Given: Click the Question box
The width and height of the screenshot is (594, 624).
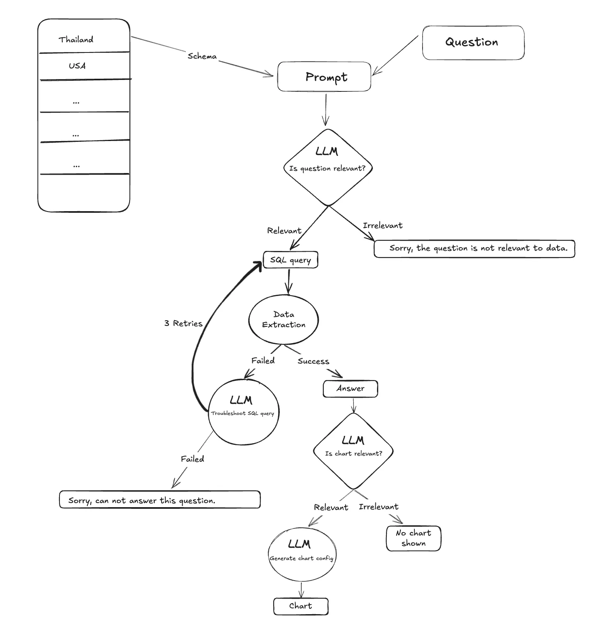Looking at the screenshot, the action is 473,43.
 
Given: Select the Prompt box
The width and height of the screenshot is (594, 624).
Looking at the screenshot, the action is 324,77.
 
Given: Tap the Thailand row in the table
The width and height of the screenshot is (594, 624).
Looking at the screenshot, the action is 76,39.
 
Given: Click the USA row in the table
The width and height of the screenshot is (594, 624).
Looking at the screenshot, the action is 77,66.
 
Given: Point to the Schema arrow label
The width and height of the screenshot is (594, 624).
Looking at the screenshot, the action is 202,56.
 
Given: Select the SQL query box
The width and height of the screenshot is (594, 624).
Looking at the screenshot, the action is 290,260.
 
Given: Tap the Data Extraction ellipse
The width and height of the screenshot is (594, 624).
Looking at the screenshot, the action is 283,319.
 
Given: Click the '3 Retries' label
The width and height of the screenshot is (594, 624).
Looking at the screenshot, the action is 183,323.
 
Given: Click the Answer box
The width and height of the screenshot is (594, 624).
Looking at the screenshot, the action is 350,389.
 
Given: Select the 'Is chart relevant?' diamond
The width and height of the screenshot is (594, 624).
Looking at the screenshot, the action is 353,451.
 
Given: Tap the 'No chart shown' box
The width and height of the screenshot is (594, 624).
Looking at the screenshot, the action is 414,538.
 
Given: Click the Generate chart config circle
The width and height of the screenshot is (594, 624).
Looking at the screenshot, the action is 302,554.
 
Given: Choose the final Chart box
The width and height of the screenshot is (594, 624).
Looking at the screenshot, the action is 301,606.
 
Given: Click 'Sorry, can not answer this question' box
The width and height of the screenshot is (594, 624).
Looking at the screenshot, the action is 160,500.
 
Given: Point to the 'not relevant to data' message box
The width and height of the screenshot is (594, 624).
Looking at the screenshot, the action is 475,248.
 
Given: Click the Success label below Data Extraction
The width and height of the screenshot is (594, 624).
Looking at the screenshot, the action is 313,361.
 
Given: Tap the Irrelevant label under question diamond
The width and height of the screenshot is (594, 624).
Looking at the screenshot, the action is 382,225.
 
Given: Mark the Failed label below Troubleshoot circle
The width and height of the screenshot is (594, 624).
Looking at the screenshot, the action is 192,459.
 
